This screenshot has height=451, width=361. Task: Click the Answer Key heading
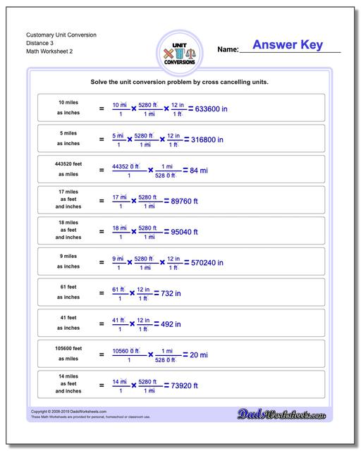(288, 45)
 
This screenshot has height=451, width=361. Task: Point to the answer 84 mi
(199, 171)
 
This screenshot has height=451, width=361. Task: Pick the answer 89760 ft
(185, 201)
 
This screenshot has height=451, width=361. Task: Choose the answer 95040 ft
(185, 232)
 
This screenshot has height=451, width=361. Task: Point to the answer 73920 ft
(185, 385)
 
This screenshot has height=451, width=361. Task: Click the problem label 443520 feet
(68, 163)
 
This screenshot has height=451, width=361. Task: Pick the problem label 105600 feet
(68, 348)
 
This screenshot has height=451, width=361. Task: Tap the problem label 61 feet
(68, 287)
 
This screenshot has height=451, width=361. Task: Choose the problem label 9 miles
(68, 256)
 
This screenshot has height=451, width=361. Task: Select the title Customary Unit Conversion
(61, 35)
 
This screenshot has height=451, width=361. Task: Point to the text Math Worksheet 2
(49, 51)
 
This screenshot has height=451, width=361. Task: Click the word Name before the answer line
(228, 50)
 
